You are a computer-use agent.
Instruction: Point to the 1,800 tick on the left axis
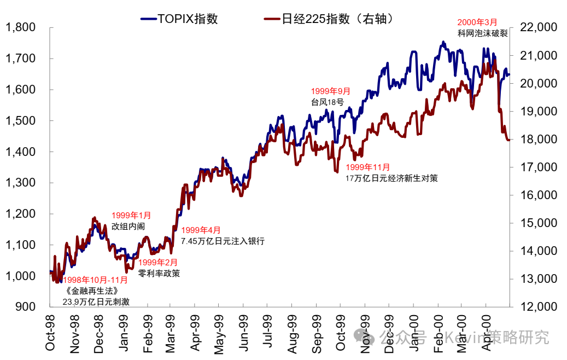[x=20, y=27]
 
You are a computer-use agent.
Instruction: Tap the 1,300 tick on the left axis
[x=20, y=183]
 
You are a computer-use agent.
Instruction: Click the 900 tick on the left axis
[x=26, y=307]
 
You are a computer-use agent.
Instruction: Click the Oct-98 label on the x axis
[x=50, y=333]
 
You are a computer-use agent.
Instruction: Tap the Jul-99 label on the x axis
[x=269, y=333]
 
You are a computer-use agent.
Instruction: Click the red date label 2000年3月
[x=477, y=22]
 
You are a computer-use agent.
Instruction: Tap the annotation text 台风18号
[x=327, y=102]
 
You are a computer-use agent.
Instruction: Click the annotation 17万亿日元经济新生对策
[x=391, y=178]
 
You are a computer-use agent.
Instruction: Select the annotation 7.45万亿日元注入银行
[x=223, y=241]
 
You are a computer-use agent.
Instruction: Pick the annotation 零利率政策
[x=159, y=273]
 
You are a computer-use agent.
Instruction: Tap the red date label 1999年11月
[x=368, y=167]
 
